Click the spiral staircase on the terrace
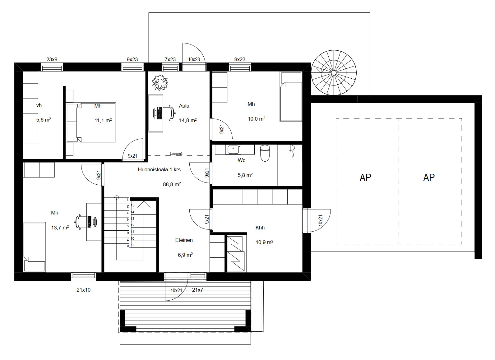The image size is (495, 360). pos(334,73)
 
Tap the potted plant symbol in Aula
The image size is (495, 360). pos(160,83)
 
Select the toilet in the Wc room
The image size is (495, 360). pos(265,153)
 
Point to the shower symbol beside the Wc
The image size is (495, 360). pos(292,151)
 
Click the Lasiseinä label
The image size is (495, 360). pos(176,154)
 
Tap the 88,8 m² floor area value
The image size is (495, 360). pos(172,184)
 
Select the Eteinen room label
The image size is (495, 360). pos(184,240)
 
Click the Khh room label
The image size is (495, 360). pos(260,228)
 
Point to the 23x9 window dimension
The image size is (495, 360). pos(52,59)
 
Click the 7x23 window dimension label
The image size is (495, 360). pos(170,59)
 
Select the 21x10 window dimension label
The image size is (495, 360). pos(84,290)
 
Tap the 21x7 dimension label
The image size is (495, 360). pos(197,290)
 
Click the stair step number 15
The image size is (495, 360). pos(132,205)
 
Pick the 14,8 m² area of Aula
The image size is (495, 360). pos(188,120)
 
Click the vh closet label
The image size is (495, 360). pos(39,105)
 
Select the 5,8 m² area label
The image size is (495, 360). pos(245,175)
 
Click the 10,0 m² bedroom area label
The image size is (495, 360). pos(257,119)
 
